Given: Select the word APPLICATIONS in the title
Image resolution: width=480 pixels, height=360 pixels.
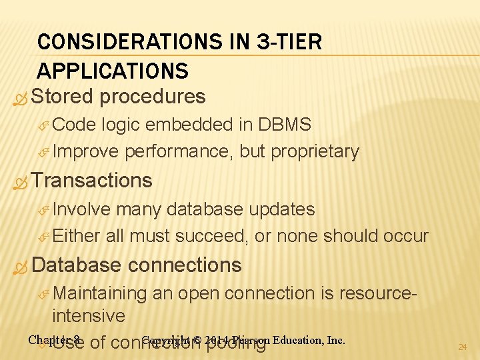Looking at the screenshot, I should coord(113,71).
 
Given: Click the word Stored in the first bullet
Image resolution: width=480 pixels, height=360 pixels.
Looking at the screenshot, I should coord(62,97).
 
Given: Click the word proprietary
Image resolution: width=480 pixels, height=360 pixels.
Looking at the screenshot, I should coord(315,152).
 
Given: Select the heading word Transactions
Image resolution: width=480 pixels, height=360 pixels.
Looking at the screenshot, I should coord(92,181).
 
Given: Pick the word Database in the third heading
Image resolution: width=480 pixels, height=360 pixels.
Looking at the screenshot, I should coord(76,265).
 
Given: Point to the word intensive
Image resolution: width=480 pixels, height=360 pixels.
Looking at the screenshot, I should coord(89,315).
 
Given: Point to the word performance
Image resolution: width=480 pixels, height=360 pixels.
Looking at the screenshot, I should coord(179,152).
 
